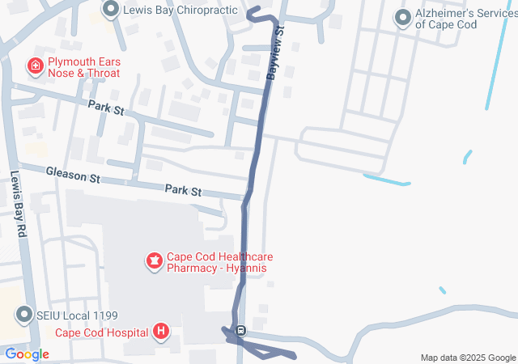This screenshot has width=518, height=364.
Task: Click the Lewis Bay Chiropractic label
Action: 180,10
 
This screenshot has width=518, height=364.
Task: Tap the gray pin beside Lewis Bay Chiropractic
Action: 112,10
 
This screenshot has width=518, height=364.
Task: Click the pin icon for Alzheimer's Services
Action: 403,17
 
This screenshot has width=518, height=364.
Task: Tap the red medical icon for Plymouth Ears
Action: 36,66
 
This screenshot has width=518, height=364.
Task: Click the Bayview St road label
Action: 275,52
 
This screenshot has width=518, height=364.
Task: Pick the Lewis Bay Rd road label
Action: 19,197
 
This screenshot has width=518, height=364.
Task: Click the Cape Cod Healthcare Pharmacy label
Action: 217,262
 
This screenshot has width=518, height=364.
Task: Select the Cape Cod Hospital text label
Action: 101,332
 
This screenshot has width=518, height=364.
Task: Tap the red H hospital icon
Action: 161,332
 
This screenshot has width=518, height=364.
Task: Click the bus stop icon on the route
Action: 240,330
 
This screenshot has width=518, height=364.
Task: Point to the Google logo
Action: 28,354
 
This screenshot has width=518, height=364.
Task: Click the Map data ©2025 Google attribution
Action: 468,358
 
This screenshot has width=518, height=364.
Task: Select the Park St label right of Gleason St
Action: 183,190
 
